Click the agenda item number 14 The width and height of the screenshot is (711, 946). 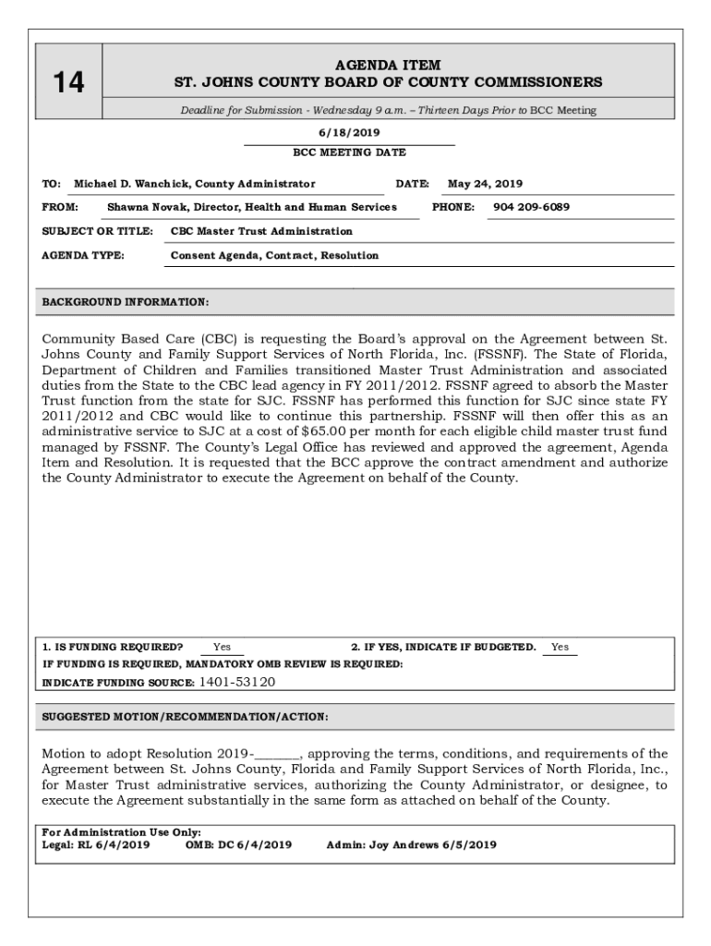tap(67, 83)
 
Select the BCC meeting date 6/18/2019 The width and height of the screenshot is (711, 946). tap(349, 133)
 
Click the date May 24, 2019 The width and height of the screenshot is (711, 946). tap(485, 184)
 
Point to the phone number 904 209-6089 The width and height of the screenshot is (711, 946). tap(531, 208)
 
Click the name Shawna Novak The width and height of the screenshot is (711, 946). tap(140, 208)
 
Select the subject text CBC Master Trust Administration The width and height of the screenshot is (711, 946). tap(261, 232)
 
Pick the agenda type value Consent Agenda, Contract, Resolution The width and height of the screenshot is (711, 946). tap(274, 256)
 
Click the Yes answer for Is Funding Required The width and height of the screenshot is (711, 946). tap(222, 648)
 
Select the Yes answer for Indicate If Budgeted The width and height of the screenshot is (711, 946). tap(560, 648)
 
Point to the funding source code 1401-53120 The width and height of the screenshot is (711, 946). tap(237, 683)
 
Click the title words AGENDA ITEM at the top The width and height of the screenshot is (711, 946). tap(388, 66)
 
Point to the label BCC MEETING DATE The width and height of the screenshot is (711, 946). tap(349, 152)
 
